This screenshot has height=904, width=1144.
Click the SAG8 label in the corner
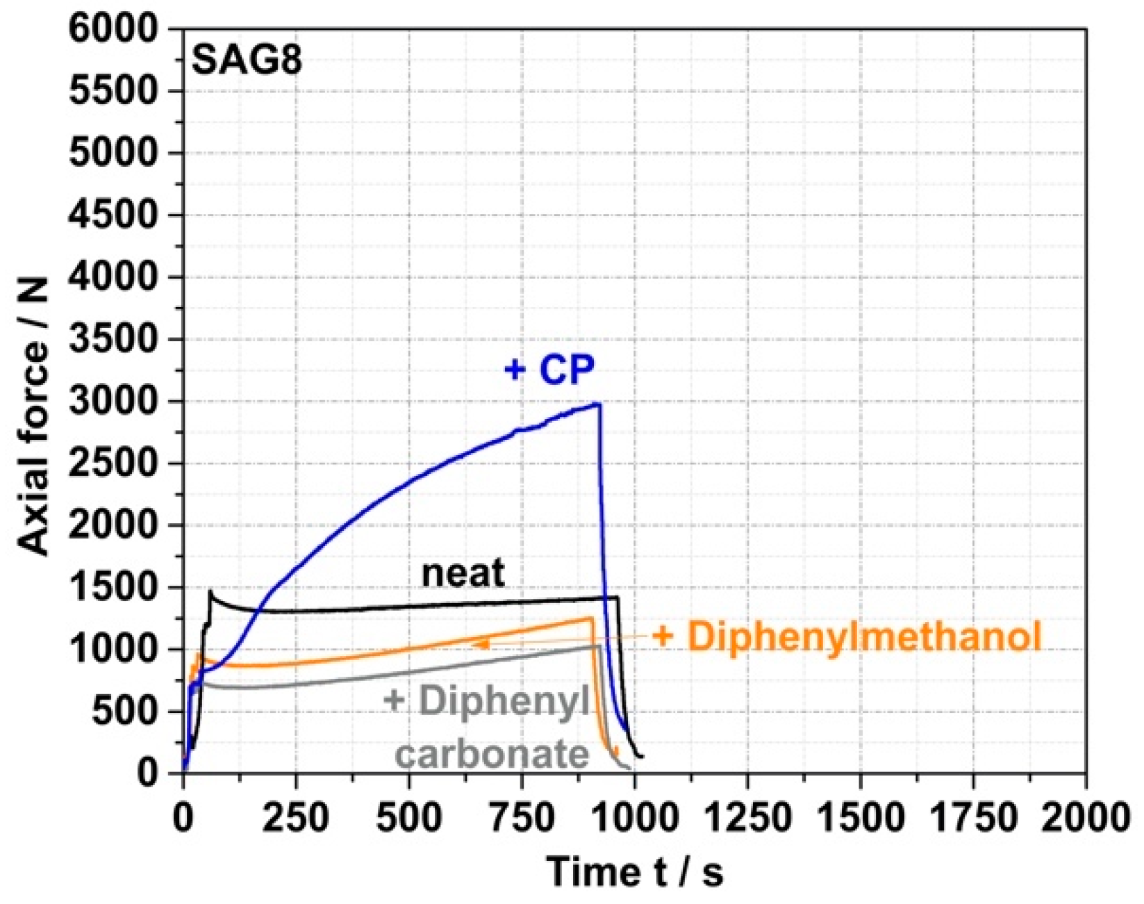247,60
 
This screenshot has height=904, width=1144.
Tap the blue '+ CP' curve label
549,370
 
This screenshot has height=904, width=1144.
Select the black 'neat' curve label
463,574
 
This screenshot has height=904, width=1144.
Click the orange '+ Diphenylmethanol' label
847,636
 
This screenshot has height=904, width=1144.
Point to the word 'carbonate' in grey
492,754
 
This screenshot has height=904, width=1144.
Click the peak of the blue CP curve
597,404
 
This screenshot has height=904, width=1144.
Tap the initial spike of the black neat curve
210,592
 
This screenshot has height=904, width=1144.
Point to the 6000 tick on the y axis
115,31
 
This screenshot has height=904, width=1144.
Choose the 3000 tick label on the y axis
115,402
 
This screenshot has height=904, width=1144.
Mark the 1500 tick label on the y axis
115,588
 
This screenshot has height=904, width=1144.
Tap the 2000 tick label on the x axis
1085,818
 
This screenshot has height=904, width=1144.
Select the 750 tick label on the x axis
522,818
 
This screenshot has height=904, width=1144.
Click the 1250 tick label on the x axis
747,818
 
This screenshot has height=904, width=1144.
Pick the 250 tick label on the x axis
296,818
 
